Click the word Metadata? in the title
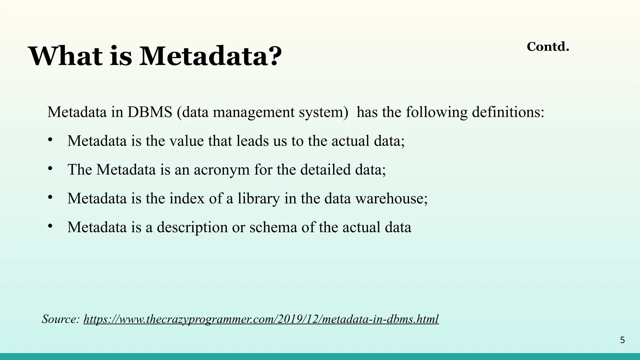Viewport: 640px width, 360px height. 210,56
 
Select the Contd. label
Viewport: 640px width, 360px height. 548,47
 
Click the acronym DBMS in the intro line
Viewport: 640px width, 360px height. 150,112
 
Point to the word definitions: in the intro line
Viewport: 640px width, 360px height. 508,112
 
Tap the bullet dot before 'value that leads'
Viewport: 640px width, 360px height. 50,140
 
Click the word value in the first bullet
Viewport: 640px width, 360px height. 187,141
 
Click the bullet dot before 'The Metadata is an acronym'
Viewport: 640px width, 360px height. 50,168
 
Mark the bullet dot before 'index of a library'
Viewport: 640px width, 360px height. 50,197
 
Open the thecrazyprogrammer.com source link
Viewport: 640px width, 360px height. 261,319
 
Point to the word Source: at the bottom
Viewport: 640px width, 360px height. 61,319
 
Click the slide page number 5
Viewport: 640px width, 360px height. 622,340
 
